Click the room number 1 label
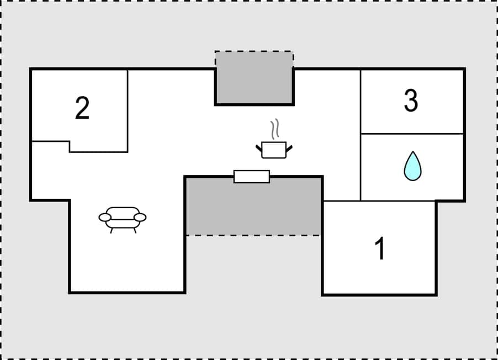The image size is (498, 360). click(x=380, y=249)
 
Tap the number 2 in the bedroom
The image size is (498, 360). click(x=82, y=108)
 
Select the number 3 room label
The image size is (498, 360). click(x=411, y=100)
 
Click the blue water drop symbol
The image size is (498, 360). click(x=412, y=167)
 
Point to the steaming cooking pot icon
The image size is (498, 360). click(x=274, y=149)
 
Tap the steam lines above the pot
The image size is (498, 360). click(x=274, y=130)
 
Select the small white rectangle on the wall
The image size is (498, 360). click(x=252, y=177)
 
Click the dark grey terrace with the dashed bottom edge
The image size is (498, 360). click(x=253, y=206)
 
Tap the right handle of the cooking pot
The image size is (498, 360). click(x=289, y=147)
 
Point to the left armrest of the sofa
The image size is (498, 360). click(x=104, y=218)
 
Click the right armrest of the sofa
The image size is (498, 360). click(x=141, y=218)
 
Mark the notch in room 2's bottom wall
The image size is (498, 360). click(x=69, y=146)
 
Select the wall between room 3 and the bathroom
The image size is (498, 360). click(x=412, y=134)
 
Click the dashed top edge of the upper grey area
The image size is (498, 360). click(x=254, y=52)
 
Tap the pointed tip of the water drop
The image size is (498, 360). click(x=412, y=153)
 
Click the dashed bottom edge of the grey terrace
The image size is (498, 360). click(x=253, y=236)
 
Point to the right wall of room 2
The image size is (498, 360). click(x=128, y=110)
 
